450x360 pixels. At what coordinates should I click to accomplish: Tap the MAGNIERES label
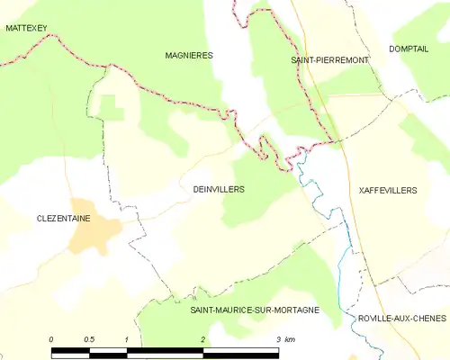(189, 55)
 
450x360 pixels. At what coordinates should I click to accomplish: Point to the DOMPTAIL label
(409, 49)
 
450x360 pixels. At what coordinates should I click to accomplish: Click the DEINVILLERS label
(219, 190)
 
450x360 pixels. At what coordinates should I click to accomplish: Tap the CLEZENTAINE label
(64, 219)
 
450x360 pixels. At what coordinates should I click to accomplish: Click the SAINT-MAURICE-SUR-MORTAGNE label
(255, 310)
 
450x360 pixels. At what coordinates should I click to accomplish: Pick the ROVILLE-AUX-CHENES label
(396, 319)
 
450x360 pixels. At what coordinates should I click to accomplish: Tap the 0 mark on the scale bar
(51, 339)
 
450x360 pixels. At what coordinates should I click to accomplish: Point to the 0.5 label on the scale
(89, 339)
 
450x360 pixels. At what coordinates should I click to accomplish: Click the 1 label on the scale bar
(127, 339)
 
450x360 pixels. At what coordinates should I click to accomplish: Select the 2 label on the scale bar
(203, 339)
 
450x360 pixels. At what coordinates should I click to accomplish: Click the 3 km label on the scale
(284, 339)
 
